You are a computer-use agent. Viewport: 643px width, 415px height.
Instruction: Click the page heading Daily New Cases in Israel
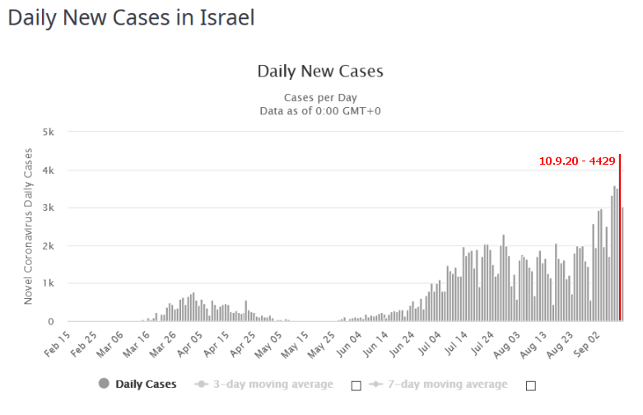coord(131,17)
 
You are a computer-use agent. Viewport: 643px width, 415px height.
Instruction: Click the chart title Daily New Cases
coord(320,71)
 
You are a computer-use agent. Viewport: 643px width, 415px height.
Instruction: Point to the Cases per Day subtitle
coord(320,97)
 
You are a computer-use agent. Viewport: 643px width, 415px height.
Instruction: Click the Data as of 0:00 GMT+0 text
coord(320,111)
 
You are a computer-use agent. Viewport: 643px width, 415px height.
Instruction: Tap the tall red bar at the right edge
coord(619,239)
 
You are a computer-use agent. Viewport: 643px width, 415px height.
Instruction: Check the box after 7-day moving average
coord(531,385)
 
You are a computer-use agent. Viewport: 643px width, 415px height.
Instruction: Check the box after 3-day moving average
coord(356,385)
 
